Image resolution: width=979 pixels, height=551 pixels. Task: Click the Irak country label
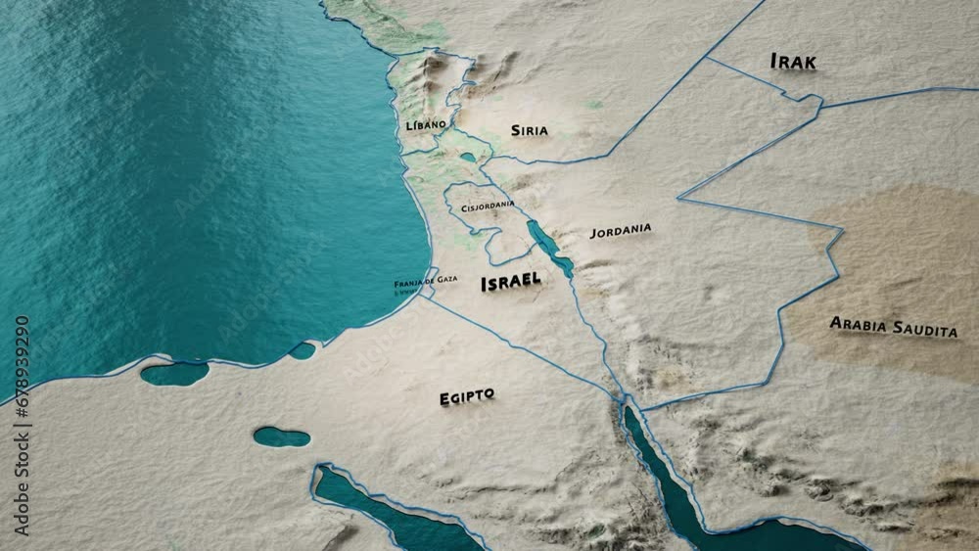click(793, 62)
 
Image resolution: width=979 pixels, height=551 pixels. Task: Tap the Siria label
click(529, 130)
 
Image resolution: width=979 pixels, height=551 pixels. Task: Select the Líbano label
click(426, 125)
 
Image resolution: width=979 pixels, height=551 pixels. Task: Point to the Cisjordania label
click(488, 207)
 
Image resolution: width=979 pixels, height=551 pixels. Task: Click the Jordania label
click(620, 231)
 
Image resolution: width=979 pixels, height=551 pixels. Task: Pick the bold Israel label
click(510, 282)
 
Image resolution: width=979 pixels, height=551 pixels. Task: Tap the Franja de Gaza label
click(425, 279)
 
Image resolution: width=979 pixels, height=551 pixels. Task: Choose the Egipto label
click(466, 396)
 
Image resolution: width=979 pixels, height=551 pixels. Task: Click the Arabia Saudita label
click(893, 326)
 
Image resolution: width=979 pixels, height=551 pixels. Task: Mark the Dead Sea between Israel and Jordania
click(550, 248)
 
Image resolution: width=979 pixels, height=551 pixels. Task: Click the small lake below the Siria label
click(469, 157)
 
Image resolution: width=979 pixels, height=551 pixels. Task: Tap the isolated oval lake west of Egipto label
click(281, 436)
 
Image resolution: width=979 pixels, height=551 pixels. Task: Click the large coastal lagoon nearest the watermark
click(174, 373)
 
